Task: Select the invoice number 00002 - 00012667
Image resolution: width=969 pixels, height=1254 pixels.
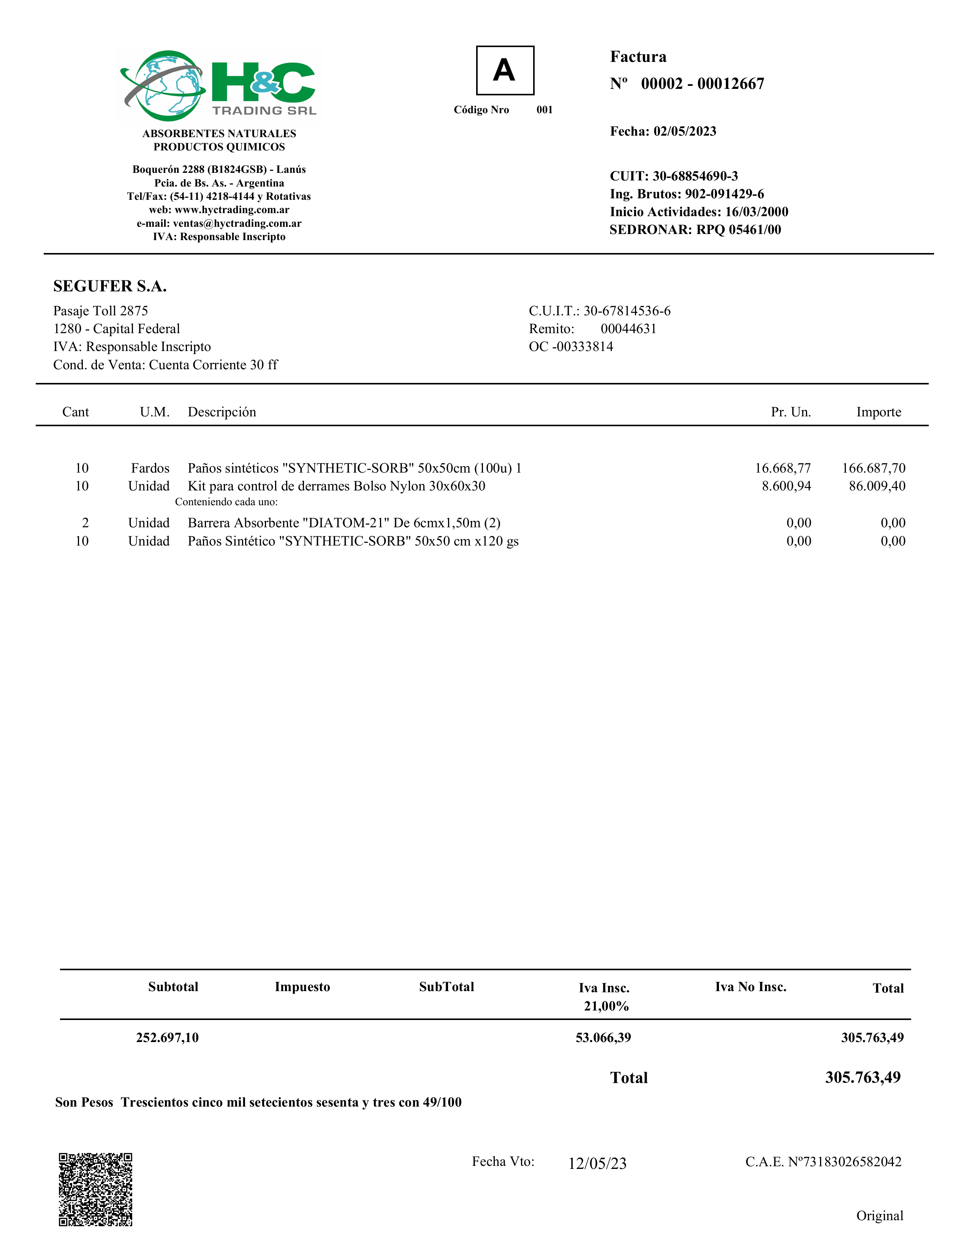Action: [x=702, y=84]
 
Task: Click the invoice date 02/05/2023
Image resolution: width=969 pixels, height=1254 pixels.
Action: [x=685, y=131]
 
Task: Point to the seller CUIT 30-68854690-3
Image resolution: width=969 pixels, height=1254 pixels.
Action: [x=695, y=176]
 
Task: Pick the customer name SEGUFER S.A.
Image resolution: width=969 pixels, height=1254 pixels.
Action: [x=110, y=286]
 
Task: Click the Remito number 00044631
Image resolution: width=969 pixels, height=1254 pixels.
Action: [x=629, y=329]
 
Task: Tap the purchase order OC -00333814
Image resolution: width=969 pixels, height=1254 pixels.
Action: [x=571, y=347]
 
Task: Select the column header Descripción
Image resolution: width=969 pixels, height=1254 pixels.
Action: [x=222, y=412]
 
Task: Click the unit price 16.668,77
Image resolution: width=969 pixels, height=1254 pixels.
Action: [x=782, y=468]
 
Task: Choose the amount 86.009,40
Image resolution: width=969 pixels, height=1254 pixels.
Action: [x=877, y=486]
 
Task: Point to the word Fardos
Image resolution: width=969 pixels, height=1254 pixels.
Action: [x=150, y=468]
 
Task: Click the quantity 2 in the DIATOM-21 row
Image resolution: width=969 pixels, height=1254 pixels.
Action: [x=85, y=523]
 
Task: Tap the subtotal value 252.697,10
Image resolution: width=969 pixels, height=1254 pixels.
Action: [x=167, y=1037]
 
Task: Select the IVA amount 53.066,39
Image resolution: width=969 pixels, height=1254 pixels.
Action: [x=603, y=1037]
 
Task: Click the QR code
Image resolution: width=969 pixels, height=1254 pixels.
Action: [x=95, y=1189]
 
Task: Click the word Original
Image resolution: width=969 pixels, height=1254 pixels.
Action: [x=879, y=1216]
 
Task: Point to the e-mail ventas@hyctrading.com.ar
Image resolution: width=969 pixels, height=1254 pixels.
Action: [x=237, y=223]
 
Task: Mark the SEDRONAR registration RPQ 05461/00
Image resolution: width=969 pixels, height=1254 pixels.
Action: [x=739, y=230]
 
